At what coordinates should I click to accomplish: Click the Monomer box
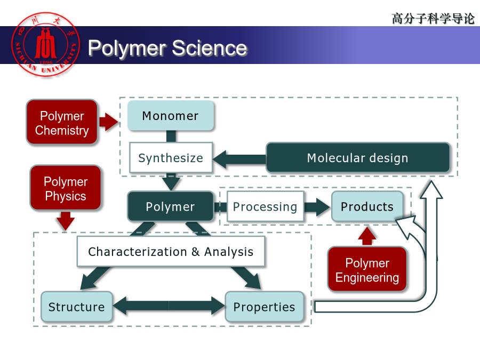coord(171,116)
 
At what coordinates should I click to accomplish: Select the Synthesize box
coord(171,158)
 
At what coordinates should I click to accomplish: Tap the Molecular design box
coord(358,158)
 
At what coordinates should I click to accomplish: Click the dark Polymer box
coord(171,206)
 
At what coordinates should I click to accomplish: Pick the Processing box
coord(265,206)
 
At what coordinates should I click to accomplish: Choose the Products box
coord(367,206)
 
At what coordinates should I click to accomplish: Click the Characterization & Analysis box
coord(171,251)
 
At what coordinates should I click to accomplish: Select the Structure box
coord(76,307)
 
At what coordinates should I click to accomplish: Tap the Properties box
coord(264,307)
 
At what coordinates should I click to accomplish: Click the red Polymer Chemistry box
coord(62,122)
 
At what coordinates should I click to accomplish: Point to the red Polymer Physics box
coord(66,188)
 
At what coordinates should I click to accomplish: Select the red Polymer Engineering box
coord(367,269)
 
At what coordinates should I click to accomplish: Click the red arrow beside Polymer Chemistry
coord(109,122)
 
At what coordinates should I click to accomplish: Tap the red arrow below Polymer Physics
coord(66,221)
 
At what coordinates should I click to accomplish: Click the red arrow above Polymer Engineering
coord(367,236)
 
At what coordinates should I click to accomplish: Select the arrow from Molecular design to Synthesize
coord(239,159)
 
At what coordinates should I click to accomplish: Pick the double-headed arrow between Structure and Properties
coord(169,306)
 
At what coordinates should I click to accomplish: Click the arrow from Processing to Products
coord(317,207)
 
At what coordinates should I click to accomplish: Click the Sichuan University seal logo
coord(46,45)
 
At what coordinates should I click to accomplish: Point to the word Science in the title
coord(210,48)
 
